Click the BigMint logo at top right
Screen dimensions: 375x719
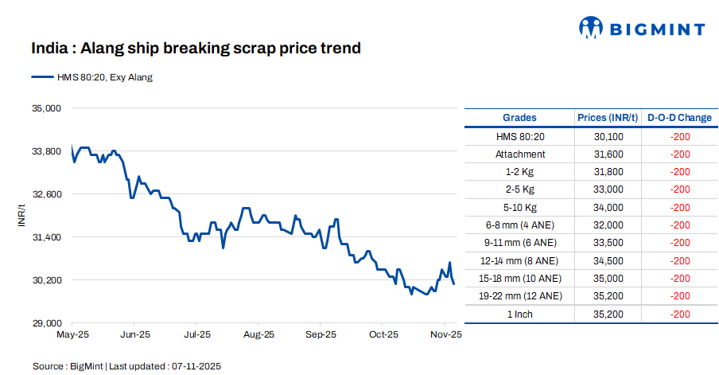(642, 29)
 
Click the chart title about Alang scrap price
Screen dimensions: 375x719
(196, 49)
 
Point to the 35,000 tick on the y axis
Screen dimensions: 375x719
(45, 107)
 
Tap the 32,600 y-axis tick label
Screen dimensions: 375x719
(45, 194)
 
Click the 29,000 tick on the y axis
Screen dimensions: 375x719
(45, 323)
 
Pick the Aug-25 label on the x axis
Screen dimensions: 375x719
(258, 335)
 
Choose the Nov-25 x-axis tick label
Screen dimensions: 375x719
(445, 335)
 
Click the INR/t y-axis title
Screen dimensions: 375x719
(22, 215)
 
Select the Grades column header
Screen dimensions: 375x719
(519, 118)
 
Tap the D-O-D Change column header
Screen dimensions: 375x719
(679, 118)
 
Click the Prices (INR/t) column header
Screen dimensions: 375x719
(608, 118)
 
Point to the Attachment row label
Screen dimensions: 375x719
(520, 154)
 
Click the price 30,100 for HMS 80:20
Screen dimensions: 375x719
(608, 137)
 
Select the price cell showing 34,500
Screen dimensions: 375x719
(608, 260)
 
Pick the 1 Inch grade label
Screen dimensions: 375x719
(520, 314)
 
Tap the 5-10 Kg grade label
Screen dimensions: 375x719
(520, 208)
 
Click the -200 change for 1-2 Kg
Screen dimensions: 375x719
(679, 172)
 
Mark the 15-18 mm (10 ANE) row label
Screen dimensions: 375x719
(520, 279)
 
